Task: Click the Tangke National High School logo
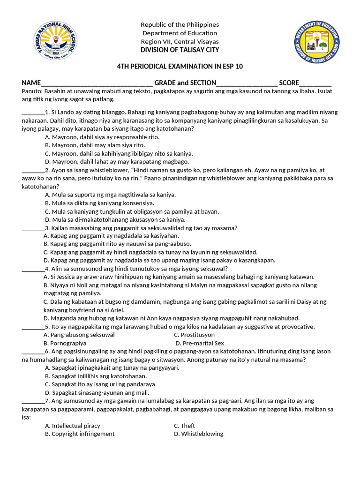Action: tap(56, 42)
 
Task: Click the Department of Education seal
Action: tap(317, 43)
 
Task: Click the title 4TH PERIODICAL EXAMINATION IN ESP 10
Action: tap(180, 67)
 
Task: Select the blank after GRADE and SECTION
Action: tap(247, 83)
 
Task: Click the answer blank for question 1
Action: tap(33, 113)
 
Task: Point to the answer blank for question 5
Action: tap(33, 327)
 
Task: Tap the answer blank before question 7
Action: tap(33, 401)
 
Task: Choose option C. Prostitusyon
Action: tap(194, 335)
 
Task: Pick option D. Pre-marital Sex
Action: tap(199, 344)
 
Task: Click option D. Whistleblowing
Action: tap(198, 434)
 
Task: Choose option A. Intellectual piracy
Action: tap(72, 426)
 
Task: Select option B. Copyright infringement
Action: tap(79, 434)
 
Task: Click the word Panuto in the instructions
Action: tap(31, 91)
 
